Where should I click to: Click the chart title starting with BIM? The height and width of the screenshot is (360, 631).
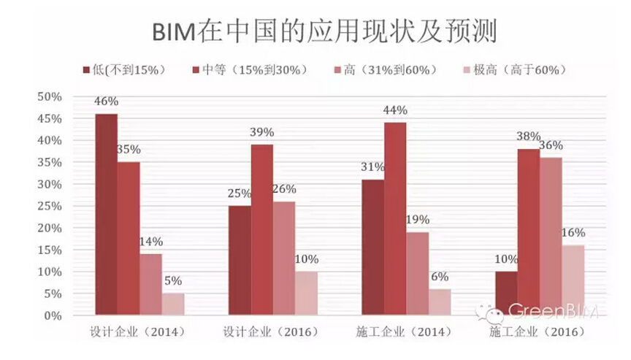tap(315, 31)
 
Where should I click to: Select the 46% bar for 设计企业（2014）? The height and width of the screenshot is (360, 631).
tap(106, 215)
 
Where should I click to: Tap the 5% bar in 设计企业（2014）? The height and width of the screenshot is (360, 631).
tap(173, 305)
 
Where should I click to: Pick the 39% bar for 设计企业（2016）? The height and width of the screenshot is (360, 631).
tap(262, 230)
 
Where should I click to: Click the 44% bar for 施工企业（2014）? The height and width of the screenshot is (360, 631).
tap(395, 219)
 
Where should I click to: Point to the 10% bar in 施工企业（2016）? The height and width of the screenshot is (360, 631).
tap(506, 294)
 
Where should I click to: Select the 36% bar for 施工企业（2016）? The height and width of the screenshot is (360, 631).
tap(551, 237)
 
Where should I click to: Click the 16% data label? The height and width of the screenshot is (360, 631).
tap(573, 233)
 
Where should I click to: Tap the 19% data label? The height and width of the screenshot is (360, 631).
tap(418, 220)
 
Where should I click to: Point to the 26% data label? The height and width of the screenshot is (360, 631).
tap(285, 189)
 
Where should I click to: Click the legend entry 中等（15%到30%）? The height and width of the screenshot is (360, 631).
tap(248, 70)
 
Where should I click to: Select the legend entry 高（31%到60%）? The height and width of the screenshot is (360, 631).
tap(383, 70)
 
